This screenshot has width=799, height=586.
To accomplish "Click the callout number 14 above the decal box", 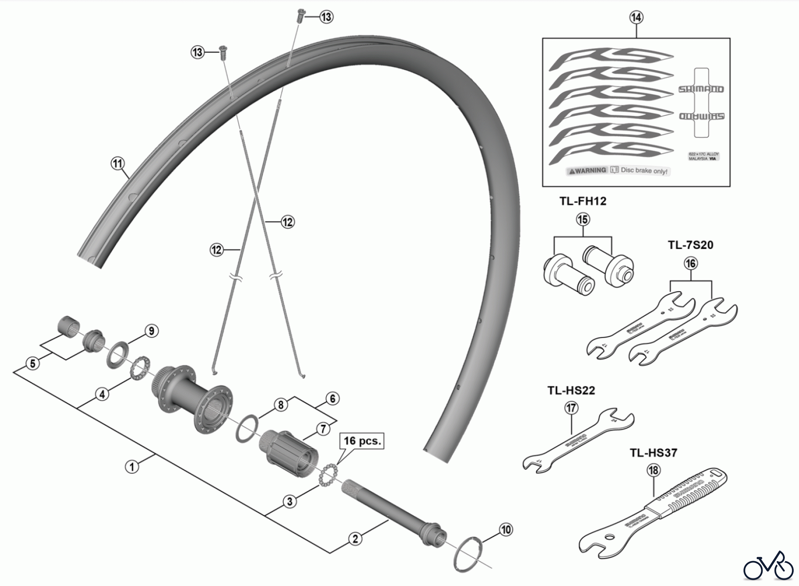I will pyautogui.click(x=636, y=17).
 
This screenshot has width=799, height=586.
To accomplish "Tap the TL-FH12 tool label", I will pyautogui.click(x=583, y=201).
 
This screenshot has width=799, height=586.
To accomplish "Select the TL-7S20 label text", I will pyautogui.click(x=690, y=245).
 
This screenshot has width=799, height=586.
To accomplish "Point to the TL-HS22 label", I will pyautogui.click(x=571, y=391).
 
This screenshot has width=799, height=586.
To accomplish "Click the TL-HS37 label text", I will pyautogui.click(x=653, y=453).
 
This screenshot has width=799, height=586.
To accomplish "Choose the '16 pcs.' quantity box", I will pyautogui.click(x=362, y=441).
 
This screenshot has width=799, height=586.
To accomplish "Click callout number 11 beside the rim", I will pyautogui.click(x=117, y=164).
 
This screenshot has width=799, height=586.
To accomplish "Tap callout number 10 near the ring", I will pyautogui.click(x=506, y=530).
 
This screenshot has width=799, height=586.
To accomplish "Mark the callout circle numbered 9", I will pyautogui.click(x=151, y=331).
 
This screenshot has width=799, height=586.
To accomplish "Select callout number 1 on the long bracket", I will pyautogui.click(x=132, y=467).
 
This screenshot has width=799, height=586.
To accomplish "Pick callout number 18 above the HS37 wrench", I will pyautogui.click(x=653, y=470).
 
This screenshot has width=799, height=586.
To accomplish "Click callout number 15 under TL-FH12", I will pyautogui.click(x=583, y=219).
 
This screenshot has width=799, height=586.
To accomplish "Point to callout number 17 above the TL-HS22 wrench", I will pyautogui.click(x=571, y=408).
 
